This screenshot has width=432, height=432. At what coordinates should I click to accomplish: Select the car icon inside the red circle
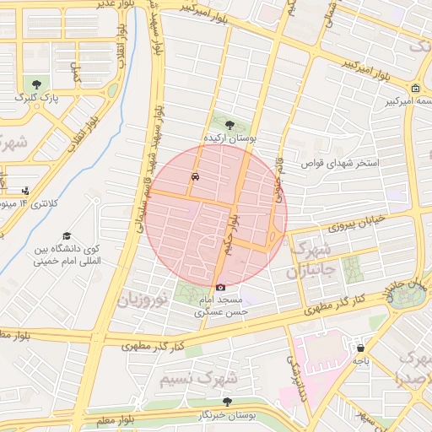pos(196,177)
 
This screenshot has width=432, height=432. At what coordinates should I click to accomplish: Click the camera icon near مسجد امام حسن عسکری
pos(221,287)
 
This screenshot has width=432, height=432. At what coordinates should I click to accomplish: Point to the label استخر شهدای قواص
pos(345,162)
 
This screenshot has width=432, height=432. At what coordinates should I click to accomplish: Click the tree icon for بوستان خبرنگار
pos(226,402)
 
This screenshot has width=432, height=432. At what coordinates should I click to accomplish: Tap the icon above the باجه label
pos(361,348)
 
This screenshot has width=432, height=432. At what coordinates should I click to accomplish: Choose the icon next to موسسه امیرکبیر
pos(415,89)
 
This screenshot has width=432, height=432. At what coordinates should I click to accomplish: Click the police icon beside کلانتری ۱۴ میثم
pos(25,191)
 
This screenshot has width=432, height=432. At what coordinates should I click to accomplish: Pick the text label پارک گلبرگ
pos(37,99)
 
